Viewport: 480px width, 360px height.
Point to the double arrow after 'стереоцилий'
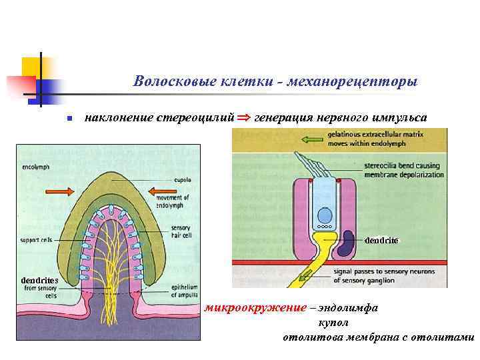tap(244, 117)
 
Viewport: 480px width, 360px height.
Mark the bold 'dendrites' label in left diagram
tap(39, 280)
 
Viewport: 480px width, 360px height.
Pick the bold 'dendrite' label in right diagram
tap(382, 240)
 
